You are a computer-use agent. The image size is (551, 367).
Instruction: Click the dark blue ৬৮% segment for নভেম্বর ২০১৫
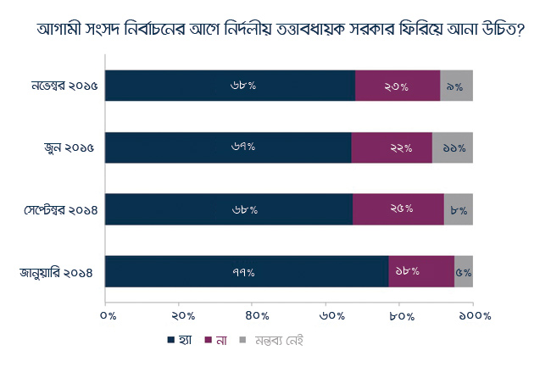(231, 86)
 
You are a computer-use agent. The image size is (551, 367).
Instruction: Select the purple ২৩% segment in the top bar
(398, 86)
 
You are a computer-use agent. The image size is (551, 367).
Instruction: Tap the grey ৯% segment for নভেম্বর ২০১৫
(456, 86)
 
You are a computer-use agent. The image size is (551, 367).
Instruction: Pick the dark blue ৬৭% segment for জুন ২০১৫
(228, 147)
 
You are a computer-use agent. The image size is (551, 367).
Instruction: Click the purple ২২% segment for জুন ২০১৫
(392, 147)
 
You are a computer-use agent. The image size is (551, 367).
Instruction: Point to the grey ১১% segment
(453, 147)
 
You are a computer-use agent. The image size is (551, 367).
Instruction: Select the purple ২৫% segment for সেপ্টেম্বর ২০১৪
(398, 209)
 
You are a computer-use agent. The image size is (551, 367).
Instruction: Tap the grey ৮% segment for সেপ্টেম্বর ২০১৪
(459, 209)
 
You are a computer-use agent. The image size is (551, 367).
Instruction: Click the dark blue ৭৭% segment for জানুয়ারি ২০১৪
(247, 271)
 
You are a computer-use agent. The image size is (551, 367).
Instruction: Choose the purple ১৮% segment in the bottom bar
(421, 271)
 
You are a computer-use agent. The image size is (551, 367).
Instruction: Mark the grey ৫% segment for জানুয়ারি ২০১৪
(464, 271)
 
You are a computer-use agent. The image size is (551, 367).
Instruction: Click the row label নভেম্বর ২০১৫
(64, 86)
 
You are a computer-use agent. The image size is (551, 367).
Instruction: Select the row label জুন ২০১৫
(70, 147)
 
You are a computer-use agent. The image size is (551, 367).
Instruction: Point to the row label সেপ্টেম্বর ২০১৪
(61, 210)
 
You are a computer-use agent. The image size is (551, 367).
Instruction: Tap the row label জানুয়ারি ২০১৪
(56, 273)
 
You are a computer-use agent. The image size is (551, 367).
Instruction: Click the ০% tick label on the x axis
(108, 316)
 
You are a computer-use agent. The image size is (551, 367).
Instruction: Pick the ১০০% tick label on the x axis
(475, 316)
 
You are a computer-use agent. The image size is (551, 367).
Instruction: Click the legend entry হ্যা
(180, 341)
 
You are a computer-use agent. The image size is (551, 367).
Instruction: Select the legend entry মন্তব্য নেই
(271, 341)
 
